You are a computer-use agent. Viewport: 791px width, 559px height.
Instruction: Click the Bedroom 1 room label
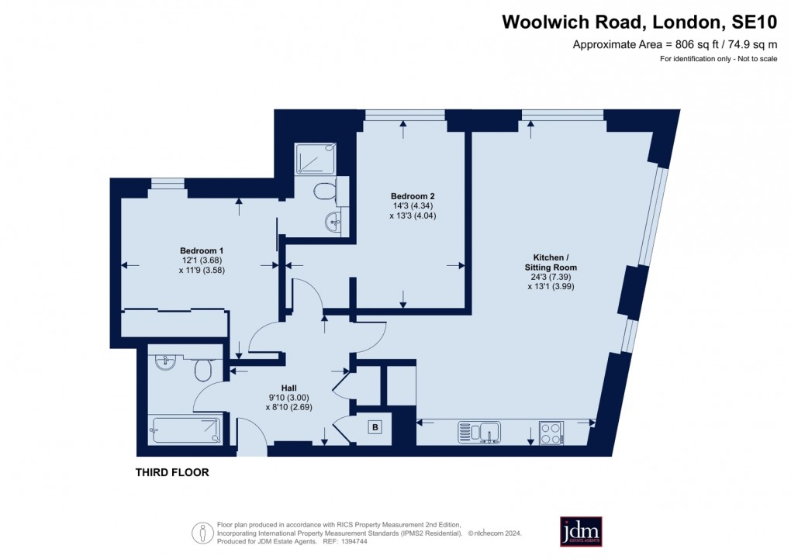[x=202, y=250]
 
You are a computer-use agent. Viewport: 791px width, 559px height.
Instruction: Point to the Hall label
[x=288, y=388]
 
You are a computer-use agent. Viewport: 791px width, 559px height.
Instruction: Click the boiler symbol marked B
[x=375, y=427]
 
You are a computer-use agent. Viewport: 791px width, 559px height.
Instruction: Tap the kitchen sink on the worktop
[x=481, y=431]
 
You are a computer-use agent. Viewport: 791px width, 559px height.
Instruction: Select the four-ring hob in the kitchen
[x=551, y=432]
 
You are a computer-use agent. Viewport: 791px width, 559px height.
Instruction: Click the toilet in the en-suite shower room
[x=325, y=190]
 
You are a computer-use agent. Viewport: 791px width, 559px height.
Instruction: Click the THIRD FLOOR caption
[x=172, y=472]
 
